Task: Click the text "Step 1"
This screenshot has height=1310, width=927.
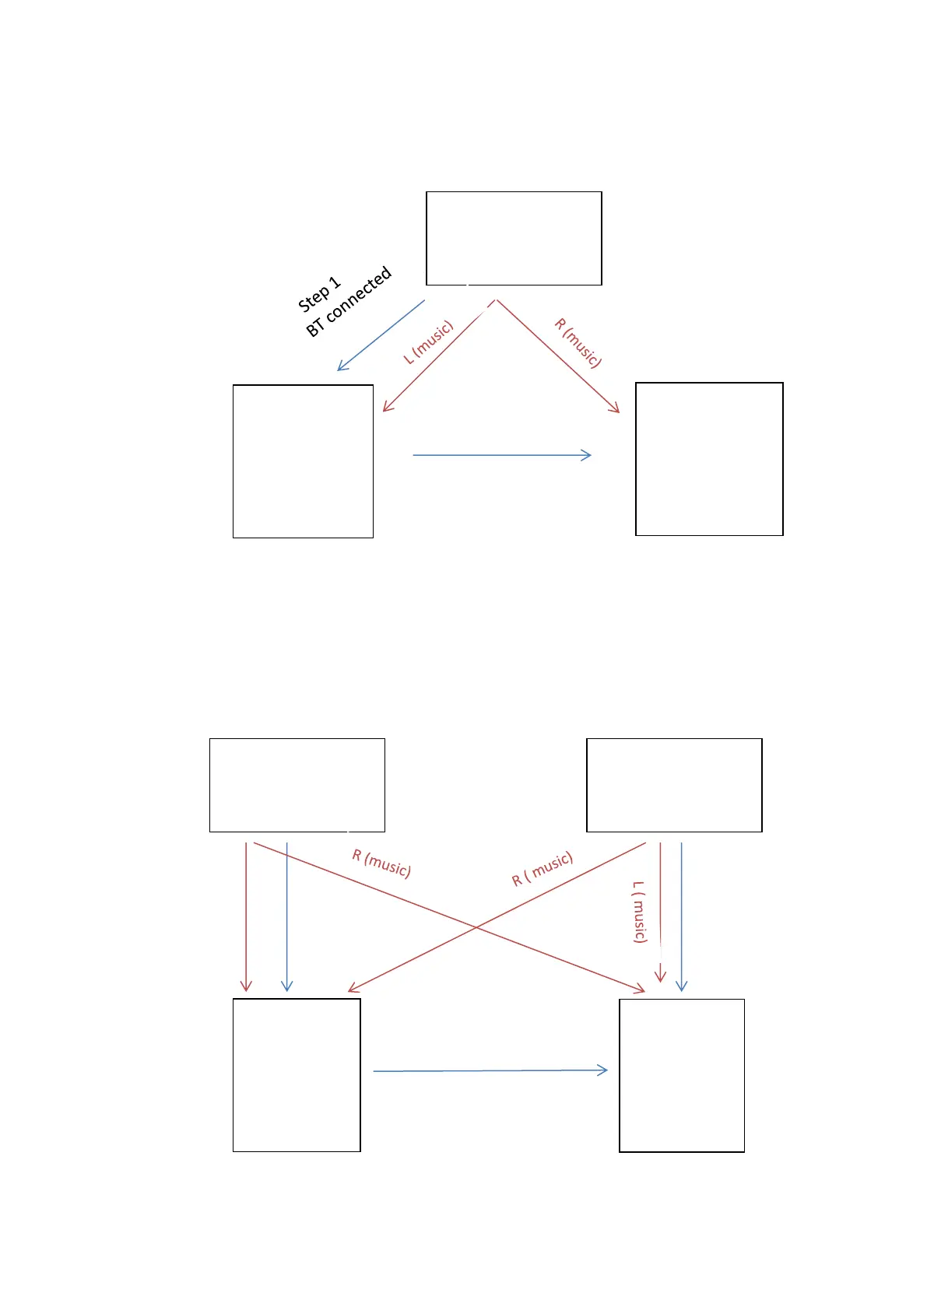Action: [319, 293]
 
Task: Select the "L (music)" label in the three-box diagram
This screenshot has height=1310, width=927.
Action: [428, 342]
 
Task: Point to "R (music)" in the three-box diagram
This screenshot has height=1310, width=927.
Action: [578, 342]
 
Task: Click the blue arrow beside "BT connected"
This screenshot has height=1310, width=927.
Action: [381, 335]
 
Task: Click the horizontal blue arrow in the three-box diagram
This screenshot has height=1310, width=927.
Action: [502, 455]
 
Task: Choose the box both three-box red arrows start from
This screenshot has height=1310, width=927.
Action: [514, 238]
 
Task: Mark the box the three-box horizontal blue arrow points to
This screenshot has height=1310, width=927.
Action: [709, 459]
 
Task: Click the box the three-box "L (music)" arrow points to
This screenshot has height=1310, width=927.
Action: [303, 461]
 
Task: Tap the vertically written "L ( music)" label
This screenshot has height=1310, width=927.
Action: [639, 912]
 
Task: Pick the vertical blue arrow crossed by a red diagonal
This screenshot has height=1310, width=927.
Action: [287, 918]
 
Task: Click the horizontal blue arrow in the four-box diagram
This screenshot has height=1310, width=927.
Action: [490, 1071]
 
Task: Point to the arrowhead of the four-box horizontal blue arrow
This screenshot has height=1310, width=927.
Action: [603, 1070]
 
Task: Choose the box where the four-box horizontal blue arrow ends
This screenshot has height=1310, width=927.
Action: [682, 1075]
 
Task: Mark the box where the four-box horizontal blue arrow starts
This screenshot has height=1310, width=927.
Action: [297, 1075]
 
